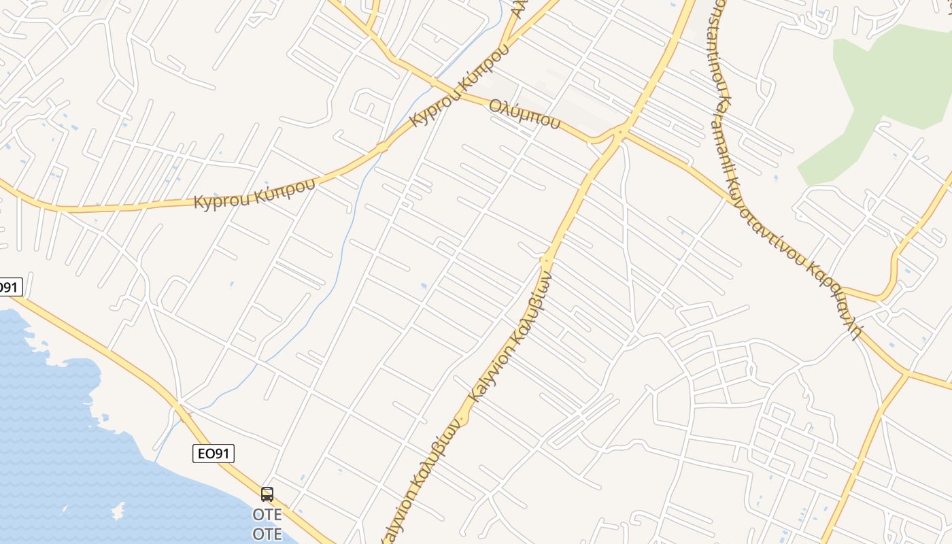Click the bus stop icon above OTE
(x=267, y=494)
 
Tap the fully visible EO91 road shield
(x=214, y=454)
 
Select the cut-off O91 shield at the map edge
(x=9, y=287)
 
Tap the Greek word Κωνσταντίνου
(x=765, y=222)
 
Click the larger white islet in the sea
(x=116, y=509)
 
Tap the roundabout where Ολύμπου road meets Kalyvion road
(x=619, y=131)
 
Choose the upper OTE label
(x=267, y=514)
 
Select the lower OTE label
(x=267, y=534)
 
